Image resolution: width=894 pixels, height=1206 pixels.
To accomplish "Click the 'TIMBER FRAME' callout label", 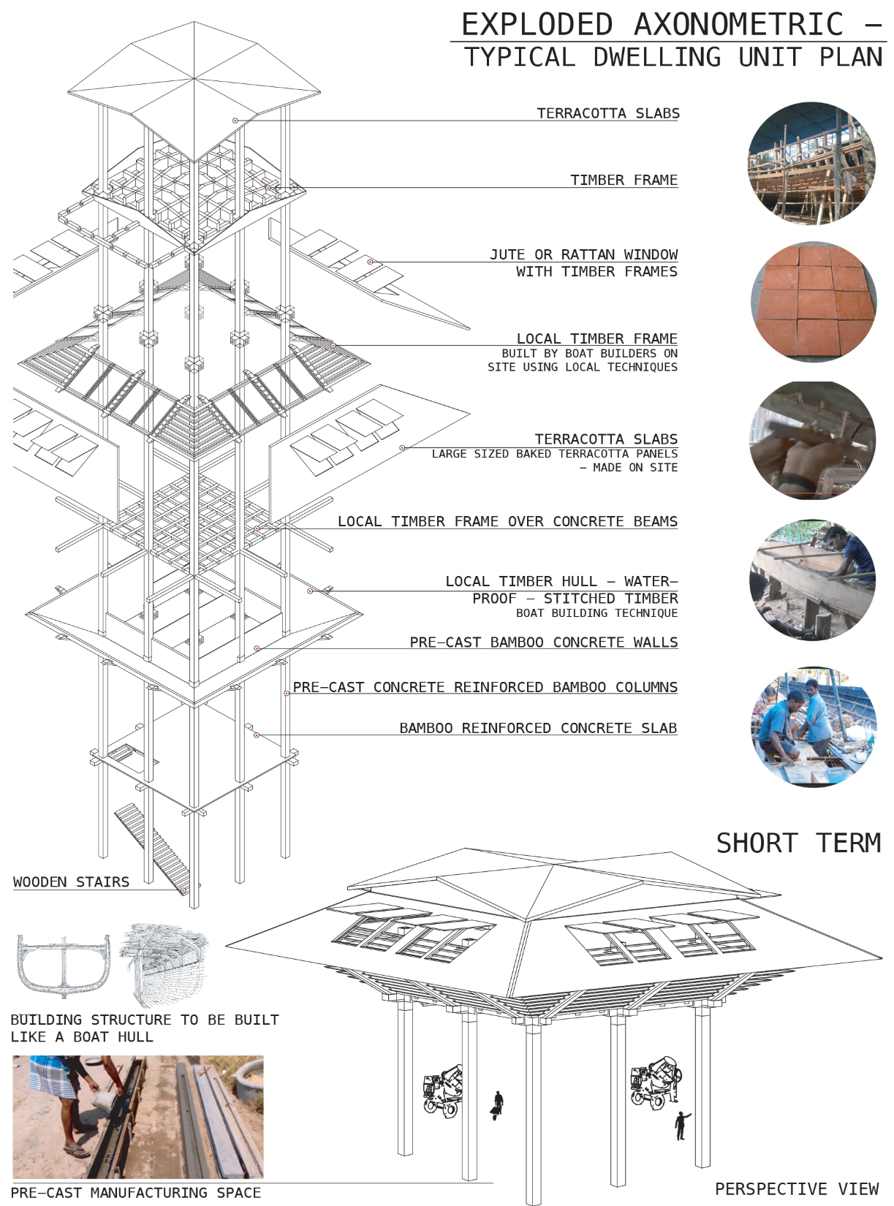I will (x=624, y=180).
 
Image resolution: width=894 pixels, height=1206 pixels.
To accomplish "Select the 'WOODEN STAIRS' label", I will (x=71, y=882).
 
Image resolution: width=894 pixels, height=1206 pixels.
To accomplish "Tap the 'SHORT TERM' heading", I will (x=798, y=843).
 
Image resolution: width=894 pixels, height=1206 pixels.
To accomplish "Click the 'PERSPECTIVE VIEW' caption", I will (x=797, y=1189).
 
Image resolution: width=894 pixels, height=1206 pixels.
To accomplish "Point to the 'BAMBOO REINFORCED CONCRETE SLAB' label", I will (x=538, y=728).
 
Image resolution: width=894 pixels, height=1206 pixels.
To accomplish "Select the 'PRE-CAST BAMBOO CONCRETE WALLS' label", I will (x=543, y=642).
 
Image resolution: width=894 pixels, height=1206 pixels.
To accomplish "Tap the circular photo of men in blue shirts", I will (x=812, y=727).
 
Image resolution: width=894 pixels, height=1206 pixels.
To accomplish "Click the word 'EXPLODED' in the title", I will (x=537, y=25).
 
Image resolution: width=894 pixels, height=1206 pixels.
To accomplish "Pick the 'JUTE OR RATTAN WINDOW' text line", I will (x=583, y=254).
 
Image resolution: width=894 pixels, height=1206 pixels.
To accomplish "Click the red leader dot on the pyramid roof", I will (x=235, y=120).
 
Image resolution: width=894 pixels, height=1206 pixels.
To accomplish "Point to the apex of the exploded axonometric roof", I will (x=194, y=22).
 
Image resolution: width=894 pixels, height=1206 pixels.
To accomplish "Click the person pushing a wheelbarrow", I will (x=497, y=1105).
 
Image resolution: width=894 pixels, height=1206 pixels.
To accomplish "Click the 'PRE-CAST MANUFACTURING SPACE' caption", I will (x=136, y=1193).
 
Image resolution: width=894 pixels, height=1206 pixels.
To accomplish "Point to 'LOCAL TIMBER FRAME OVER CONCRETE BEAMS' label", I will (x=507, y=521).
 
